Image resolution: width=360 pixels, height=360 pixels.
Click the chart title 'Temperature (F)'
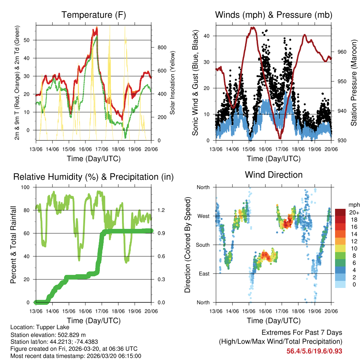pyautogui.click(x=94, y=15)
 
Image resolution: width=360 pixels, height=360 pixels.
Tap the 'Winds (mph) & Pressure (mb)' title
pyautogui.click(x=274, y=15)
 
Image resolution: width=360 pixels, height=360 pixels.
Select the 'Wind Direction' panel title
pyautogui.click(x=274, y=174)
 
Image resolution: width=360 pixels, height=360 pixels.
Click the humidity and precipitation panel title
pyautogui.click(x=94, y=176)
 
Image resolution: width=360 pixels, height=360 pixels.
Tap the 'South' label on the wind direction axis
pyautogui.click(x=203, y=245)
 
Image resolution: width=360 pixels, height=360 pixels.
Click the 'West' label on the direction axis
pyautogui.click(x=203, y=216)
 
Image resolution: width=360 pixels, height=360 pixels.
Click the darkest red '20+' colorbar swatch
pyautogui.click(x=340, y=212)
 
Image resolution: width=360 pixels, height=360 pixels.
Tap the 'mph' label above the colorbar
pyautogui.click(x=353, y=205)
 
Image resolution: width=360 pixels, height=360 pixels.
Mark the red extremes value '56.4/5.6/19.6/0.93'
pyautogui.click(x=314, y=351)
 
